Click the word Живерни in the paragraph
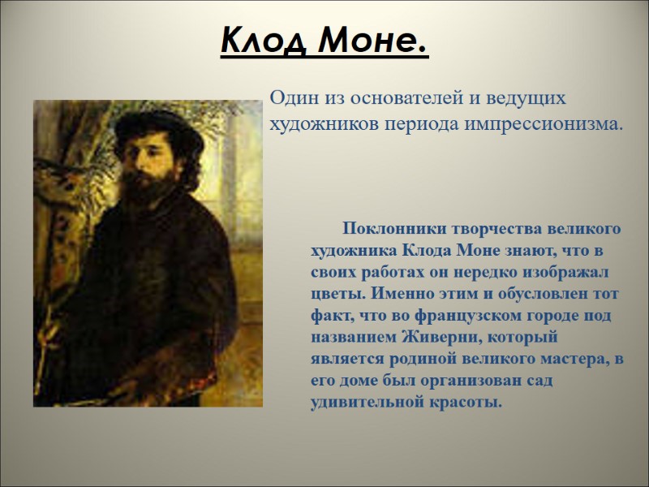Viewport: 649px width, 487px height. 446,336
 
